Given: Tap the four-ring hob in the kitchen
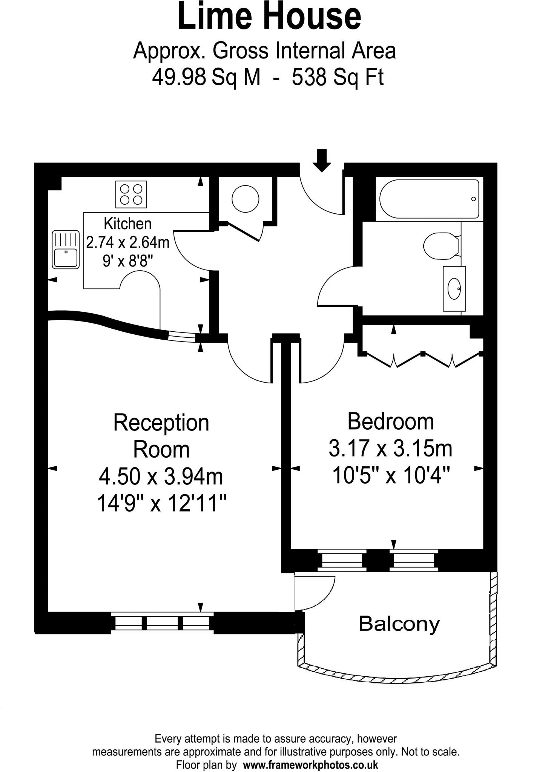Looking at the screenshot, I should [x=131, y=194].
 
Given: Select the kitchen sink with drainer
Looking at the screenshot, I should [x=66, y=249].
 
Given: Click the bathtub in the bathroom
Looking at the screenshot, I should [x=429, y=199].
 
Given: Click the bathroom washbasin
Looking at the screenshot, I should [x=454, y=289].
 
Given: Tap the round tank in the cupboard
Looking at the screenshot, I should [x=245, y=199].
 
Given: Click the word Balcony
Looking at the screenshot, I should [x=399, y=624].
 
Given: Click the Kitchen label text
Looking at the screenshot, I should [x=127, y=224].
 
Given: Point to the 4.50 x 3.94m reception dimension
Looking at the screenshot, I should [x=161, y=476].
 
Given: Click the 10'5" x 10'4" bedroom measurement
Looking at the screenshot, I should [x=391, y=476].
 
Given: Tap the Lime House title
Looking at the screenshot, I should [x=269, y=17].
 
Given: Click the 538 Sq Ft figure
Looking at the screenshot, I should [x=338, y=78].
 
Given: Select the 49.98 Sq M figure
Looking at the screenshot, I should [x=206, y=78].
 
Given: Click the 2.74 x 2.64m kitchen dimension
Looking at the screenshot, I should [x=127, y=242].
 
